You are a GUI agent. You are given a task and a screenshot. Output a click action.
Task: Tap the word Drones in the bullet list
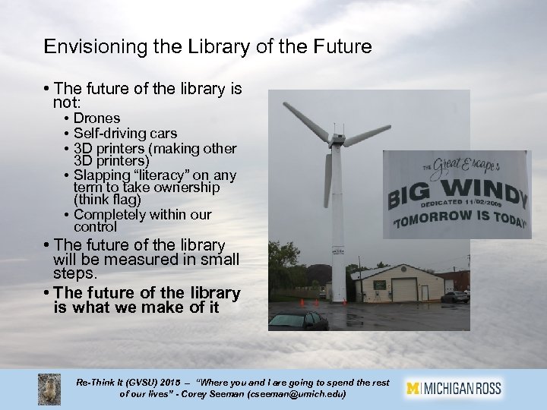(x=97, y=119)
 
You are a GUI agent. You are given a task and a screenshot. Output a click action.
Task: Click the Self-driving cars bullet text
(x=125, y=134)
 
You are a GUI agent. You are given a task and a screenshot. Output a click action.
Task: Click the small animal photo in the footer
(x=50, y=388)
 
